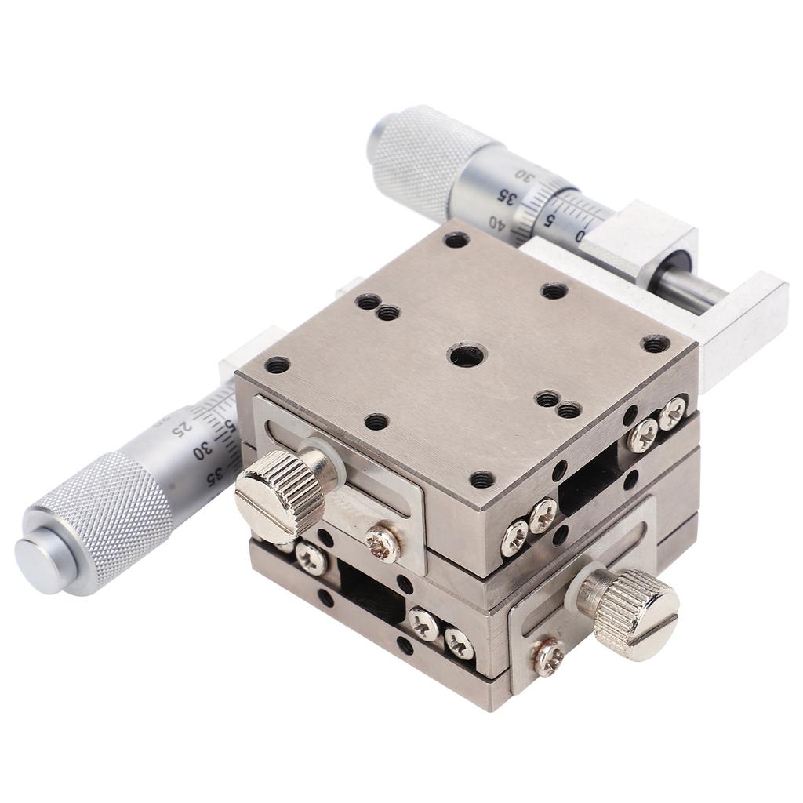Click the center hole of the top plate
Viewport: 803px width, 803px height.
coord(467,356)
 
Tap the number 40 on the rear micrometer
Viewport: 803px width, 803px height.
coord(497,223)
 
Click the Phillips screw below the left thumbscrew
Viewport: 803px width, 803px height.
coord(383,543)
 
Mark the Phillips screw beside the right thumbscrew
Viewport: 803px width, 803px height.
coord(548,656)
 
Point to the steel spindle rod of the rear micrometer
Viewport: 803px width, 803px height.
coord(690,290)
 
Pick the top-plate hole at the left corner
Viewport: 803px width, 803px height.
coord(277,365)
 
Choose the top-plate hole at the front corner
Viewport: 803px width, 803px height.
coord(481,478)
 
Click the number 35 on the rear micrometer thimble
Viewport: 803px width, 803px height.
coord(508,198)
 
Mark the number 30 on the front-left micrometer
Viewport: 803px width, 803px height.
coord(202,451)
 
